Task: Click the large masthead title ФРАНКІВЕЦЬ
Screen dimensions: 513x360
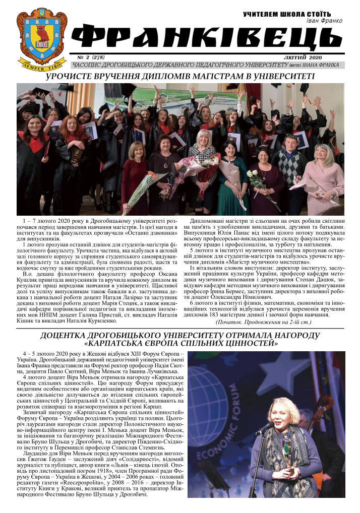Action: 207,37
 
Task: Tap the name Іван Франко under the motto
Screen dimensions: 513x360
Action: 324,21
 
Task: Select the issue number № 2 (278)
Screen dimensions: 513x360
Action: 91,57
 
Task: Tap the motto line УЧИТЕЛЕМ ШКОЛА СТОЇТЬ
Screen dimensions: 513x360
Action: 287,14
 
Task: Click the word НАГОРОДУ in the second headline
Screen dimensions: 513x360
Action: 295,335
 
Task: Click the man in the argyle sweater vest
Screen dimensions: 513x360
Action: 289,166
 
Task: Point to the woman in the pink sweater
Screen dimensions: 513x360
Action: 323,176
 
